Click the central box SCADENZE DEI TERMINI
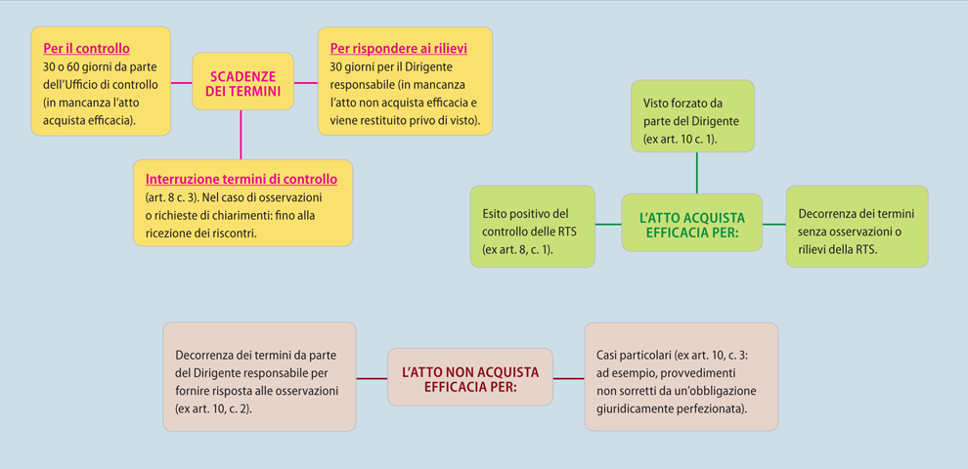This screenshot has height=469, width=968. [242, 81]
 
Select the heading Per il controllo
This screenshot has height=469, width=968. [86, 48]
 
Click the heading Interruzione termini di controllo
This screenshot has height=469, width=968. [242, 179]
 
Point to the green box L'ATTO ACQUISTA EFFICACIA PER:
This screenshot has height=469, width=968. [691, 223]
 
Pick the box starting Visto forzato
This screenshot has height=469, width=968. [692, 116]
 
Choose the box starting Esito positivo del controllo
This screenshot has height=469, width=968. [532, 227]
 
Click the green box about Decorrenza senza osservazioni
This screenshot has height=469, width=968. [857, 227]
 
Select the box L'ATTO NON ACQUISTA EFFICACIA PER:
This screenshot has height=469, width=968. [469, 377]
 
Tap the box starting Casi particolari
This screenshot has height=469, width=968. [681, 376]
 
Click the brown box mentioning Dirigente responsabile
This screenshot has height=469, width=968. [259, 376]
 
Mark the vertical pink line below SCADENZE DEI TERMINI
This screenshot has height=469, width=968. [241, 135]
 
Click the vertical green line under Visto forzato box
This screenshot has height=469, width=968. [697, 173]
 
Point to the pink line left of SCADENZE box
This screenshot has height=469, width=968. [182, 82]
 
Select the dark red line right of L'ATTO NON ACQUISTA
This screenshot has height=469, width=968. [568, 378]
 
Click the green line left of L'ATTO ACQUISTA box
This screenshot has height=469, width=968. [608, 224]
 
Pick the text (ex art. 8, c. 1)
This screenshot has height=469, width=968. [517, 249]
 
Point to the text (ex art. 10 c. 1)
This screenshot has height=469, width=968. [680, 139]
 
